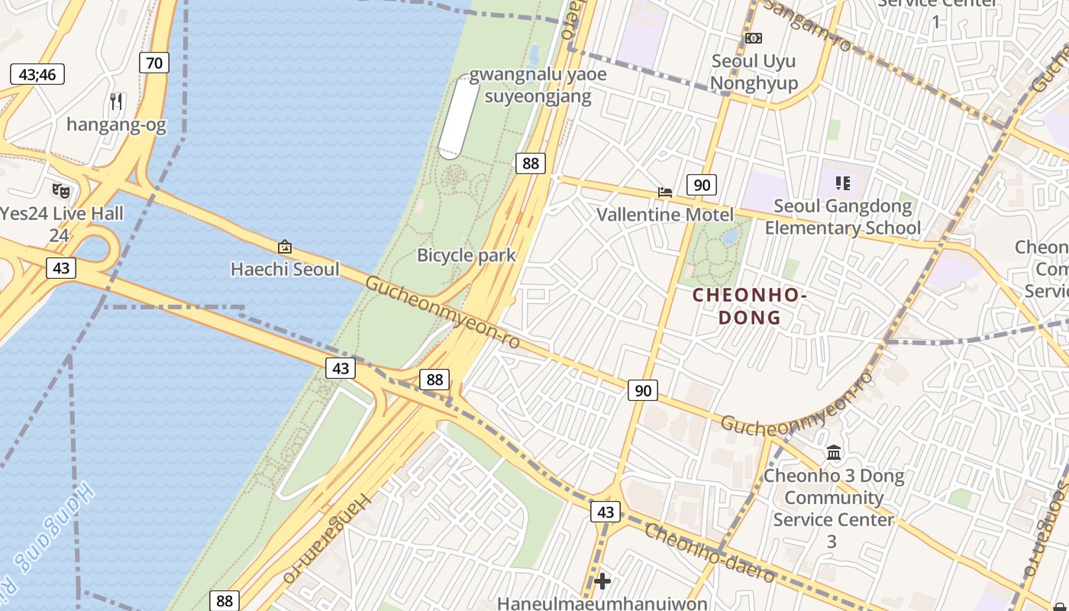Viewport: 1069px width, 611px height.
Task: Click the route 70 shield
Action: coord(154,63)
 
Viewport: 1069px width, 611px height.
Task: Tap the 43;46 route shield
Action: coord(37,74)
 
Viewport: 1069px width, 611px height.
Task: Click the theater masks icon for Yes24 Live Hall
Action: coord(61,190)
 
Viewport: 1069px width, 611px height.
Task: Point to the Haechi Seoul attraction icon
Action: coord(285,246)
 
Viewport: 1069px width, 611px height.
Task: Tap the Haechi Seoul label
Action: coord(285,269)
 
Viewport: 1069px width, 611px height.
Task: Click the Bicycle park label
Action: coord(467,255)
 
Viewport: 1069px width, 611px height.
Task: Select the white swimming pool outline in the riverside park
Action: coord(458,117)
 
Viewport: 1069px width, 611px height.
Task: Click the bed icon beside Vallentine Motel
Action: coord(665,192)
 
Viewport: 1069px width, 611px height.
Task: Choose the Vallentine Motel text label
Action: coord(664,215)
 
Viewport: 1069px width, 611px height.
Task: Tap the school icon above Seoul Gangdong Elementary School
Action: coord(843,183)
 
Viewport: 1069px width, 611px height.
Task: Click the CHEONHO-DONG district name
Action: coord(750,306)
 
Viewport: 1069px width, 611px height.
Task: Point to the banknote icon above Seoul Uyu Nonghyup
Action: coord(754,38)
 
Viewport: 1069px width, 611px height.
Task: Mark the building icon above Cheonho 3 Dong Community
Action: coord(834,453)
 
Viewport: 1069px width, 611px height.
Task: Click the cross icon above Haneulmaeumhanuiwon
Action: coord(602,581)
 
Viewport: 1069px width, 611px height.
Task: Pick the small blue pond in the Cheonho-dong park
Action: coord(731,237)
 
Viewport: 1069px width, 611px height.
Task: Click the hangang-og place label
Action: coord(116,124)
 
